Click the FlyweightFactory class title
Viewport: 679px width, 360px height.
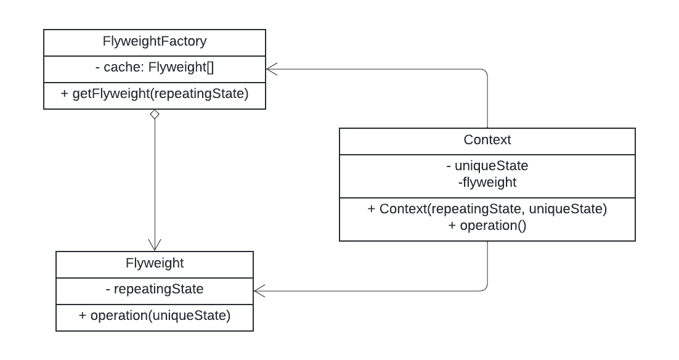tap(154, 42)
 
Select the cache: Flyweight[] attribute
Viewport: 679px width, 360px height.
tap(154, 68)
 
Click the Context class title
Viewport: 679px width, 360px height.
tap(487, 140)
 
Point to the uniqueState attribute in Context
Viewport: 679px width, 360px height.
tap(487, 166)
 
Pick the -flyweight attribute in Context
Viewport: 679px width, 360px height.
tap(487, 182)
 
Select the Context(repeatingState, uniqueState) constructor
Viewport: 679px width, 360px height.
tap(487, 209)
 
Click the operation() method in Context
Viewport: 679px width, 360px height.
tap(487, 226)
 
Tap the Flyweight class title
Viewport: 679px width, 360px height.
tap(154, 263)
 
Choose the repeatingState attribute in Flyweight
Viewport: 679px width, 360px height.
tap(154, 289)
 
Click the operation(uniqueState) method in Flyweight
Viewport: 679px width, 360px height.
tap(154, 316)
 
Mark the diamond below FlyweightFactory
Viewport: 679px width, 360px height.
tap(154, 115)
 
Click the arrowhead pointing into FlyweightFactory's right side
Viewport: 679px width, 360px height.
tap(272, 69)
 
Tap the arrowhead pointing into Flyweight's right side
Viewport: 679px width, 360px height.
tap(259, 290)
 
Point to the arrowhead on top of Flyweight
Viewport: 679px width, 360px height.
tap(154, 245)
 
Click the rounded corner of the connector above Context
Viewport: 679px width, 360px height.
tap(486, 72)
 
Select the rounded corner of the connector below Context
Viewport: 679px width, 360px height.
tap(486, 288)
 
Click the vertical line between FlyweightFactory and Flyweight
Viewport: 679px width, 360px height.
tap(154, 179)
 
